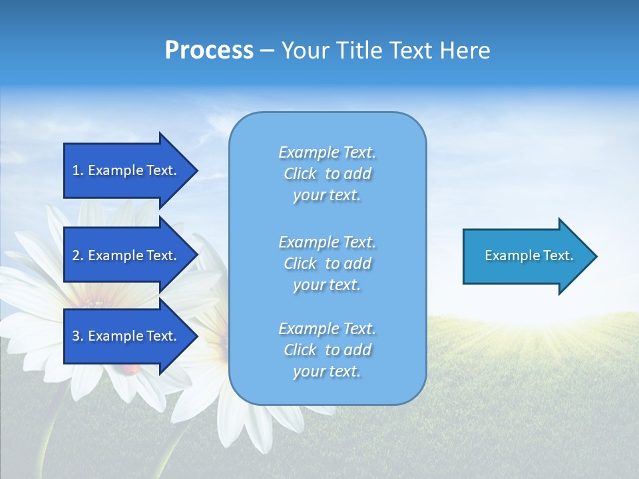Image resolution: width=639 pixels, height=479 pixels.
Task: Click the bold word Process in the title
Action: (209, 51)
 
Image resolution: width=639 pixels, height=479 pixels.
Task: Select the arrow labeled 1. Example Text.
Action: (126, 170)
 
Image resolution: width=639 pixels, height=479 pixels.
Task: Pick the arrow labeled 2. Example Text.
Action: (126, 255)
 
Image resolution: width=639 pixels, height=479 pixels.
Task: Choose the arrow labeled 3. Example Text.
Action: (126, 336)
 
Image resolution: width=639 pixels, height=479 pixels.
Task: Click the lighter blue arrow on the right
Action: (526, 256)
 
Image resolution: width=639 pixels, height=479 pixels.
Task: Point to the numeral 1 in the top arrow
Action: (76, 170)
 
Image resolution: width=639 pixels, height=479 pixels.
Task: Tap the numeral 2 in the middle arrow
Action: (76, 255)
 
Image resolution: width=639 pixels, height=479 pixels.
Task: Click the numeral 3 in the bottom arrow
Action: (76, 336)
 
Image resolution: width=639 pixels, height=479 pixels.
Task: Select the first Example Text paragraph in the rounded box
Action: (327, 174)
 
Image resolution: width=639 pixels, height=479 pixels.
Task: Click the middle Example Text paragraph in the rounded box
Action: (327, 263)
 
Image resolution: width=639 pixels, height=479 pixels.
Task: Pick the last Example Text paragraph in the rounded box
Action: (327, 350)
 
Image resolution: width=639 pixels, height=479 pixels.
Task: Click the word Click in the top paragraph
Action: (300, 174)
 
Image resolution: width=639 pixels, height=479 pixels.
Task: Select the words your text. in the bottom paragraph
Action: (327, 372)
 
